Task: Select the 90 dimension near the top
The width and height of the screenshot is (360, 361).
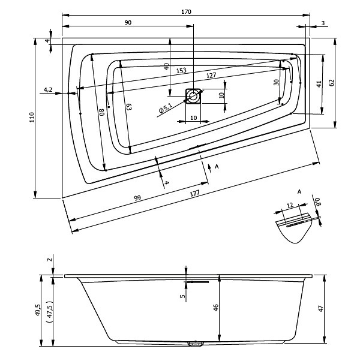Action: (128, 22)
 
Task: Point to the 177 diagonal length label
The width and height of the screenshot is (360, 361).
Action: (194, 192)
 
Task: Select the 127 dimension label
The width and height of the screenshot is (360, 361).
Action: (211, 76)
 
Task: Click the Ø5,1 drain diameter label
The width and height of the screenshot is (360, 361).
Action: (166, 109)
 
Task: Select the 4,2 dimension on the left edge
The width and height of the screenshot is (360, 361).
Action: (48, 90)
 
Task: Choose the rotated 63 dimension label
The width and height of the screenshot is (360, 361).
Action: (128, 107)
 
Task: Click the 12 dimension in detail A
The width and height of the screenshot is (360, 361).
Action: (290, 205)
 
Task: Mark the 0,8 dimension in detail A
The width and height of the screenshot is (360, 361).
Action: (318, 203)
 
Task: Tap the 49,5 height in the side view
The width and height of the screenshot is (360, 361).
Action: (38, 310)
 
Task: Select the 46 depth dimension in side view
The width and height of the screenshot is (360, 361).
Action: (215, 309)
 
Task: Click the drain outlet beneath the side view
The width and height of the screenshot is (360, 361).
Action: (194, 344)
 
